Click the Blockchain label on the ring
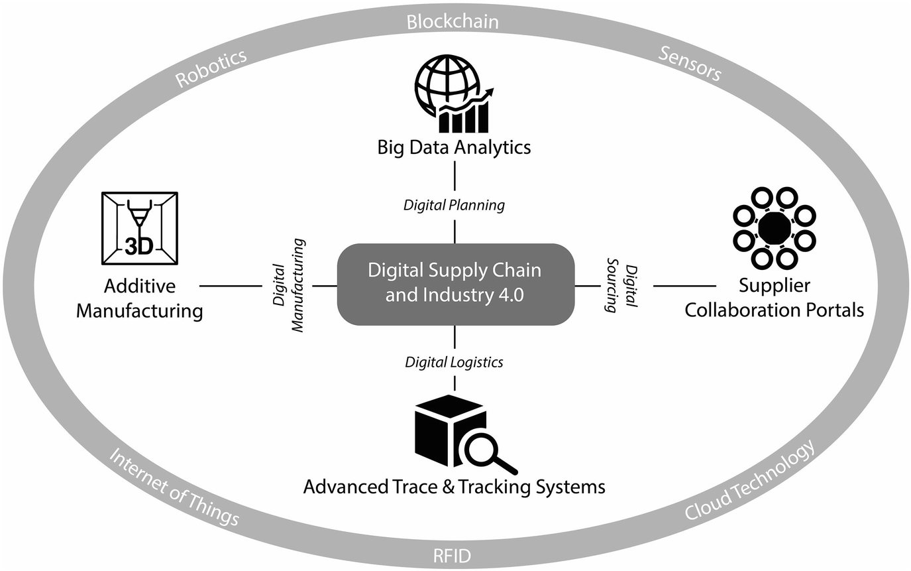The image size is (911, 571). point(453,23)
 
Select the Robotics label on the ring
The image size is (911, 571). point(211,68)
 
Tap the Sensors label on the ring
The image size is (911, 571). point(690,64)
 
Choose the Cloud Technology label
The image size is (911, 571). point(749,483)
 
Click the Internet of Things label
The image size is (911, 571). point(174,487)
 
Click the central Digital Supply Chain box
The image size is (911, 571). point(455,284)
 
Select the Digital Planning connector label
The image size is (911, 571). point(454,206)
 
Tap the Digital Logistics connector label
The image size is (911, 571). point(454,362)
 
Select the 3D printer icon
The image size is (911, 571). point(139,228)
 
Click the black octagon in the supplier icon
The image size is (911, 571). point(775,229)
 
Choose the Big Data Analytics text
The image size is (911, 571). point(454,147)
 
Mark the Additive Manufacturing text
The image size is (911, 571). point(139,298)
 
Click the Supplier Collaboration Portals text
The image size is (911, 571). point(775,298)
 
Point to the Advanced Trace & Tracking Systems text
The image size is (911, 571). point(454,487)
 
